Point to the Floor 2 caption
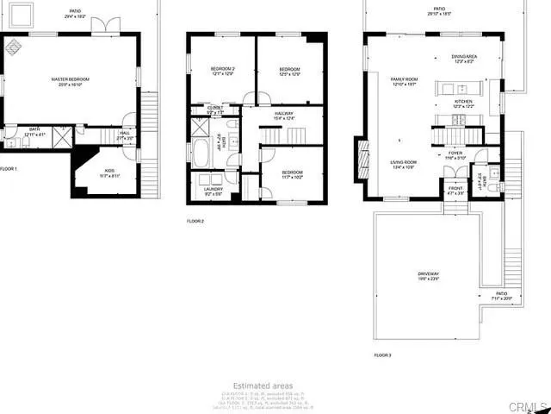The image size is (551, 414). click(195, 222)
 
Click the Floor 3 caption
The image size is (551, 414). click(382, 354)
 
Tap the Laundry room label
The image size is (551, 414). click(213, 190)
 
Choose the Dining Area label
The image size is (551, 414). click(465, 57)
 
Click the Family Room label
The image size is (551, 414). click(403, 81)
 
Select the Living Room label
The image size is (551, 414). click(405, 164)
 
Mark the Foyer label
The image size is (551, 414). click(455, 155)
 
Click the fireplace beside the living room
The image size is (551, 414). click(359, 160)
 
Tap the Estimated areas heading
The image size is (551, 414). click(263, 386)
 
